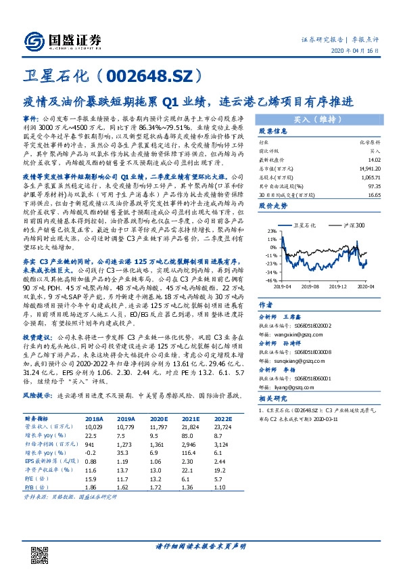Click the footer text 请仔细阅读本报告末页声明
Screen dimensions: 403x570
click(201, 546)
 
